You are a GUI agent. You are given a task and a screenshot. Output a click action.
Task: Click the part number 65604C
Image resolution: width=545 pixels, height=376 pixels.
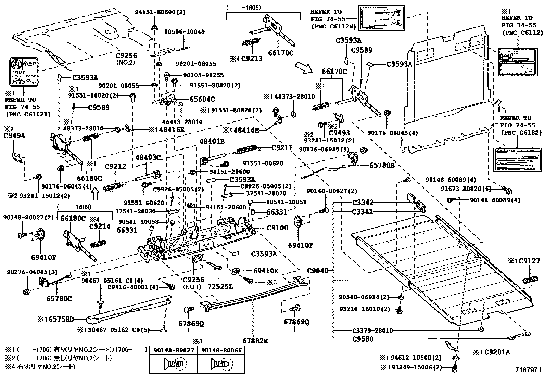coord(202,99)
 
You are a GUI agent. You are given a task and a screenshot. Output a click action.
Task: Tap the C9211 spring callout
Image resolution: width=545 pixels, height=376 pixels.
coord(282,148)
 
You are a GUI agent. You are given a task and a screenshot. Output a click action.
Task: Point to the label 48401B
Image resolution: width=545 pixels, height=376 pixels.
coord(212,141)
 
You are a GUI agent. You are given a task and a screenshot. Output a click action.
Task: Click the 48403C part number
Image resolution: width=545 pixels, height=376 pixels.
coord(148,157)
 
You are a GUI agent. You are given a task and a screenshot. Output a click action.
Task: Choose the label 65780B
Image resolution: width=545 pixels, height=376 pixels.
coord(382,165)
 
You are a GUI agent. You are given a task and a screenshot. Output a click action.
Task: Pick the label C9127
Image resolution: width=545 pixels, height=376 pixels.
coord(529,261)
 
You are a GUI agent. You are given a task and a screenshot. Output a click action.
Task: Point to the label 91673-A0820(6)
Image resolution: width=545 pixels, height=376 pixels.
coord(471,189)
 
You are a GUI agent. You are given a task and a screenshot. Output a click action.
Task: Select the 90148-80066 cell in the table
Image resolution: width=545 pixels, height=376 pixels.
coord(221,350)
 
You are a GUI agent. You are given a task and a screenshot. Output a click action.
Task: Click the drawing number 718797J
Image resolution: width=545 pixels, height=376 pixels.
coord(528,370)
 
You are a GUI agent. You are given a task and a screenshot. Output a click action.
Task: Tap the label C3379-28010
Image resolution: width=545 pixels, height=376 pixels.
coord(372,330)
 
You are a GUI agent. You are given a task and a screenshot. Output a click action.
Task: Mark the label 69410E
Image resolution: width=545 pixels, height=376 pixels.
coord(266,271)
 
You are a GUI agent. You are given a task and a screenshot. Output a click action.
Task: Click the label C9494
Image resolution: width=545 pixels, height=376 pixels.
coord(14,135)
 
